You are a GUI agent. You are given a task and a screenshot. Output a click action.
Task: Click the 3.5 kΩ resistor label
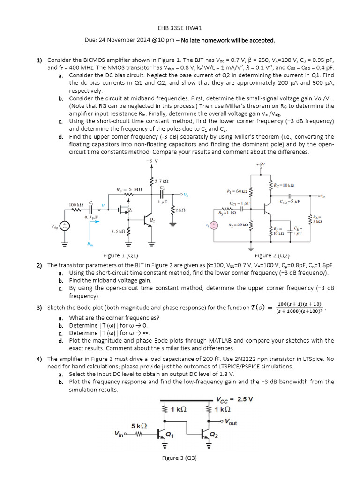118,232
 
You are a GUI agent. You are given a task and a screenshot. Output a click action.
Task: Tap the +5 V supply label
152,161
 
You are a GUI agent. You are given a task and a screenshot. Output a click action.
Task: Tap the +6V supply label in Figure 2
261,165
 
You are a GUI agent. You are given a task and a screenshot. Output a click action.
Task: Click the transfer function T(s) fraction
300,307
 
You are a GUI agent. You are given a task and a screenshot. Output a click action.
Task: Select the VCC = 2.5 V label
234,399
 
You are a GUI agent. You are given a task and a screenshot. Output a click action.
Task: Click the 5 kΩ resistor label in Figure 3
139,426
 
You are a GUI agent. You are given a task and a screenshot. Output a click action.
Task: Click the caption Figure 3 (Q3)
180,458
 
